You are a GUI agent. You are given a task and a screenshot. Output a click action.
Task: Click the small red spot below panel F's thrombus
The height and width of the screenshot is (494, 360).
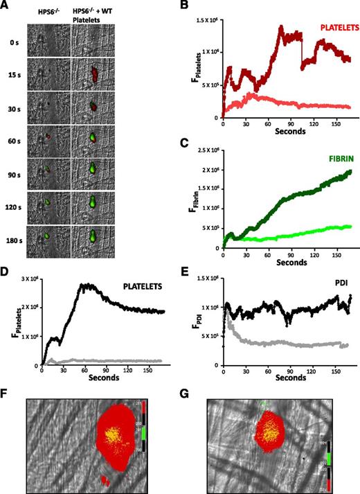[104, 479]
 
